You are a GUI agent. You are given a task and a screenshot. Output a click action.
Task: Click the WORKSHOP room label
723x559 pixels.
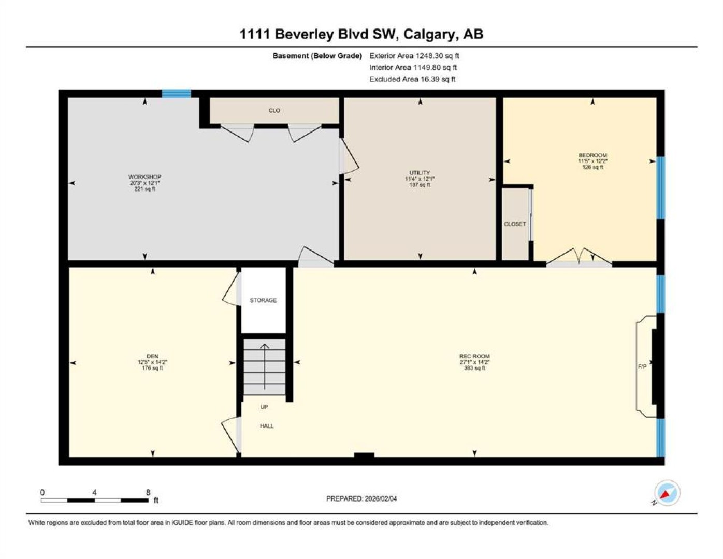(144, 176)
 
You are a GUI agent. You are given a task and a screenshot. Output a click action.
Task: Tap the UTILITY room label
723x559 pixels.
(420, 172)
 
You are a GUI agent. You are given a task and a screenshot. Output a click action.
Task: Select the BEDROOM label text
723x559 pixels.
(592, 155)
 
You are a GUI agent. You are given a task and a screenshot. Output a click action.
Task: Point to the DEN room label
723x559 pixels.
(152, 356)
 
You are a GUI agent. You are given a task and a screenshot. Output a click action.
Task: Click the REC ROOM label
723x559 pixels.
(474, 356)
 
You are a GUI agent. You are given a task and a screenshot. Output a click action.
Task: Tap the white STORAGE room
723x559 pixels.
(263, 300)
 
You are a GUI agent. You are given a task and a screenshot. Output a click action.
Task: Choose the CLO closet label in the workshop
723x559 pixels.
(274, 110)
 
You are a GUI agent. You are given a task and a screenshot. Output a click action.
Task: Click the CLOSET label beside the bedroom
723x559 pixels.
(515, 224)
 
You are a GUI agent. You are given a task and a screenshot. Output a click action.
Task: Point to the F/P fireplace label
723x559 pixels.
(642, 366)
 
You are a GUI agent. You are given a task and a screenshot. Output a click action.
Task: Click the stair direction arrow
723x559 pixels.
(265, 366)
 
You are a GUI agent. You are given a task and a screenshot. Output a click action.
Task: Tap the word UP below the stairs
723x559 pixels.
(264, 407)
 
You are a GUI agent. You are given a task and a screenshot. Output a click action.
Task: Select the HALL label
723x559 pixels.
(267, 425)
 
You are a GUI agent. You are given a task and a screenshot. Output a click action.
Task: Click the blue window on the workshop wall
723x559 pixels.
(176, 94)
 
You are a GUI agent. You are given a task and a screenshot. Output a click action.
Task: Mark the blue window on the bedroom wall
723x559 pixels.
(660, 188)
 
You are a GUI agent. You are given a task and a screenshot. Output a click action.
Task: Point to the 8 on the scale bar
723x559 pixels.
(148, 492)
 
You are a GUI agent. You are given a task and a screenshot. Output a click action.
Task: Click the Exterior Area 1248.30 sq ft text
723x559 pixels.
(414, 56)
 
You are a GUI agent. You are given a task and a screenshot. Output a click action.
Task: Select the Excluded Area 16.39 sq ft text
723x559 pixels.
(412, 79)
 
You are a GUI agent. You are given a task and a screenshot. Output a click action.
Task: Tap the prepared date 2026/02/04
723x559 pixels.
(380, 499)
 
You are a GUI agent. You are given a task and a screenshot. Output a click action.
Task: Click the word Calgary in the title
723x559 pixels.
(429, 34)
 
